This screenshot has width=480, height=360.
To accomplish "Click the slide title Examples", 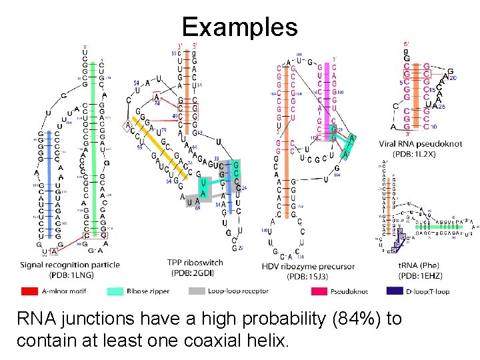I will (x=240, y=27).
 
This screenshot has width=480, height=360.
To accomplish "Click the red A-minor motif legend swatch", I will (x=30, y=291).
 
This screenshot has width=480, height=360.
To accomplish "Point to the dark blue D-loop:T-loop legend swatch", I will (x=397, y=291).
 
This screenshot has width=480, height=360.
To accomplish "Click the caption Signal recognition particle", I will (x=71, y=265).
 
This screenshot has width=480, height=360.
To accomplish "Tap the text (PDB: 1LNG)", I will (x=71, y=275).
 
